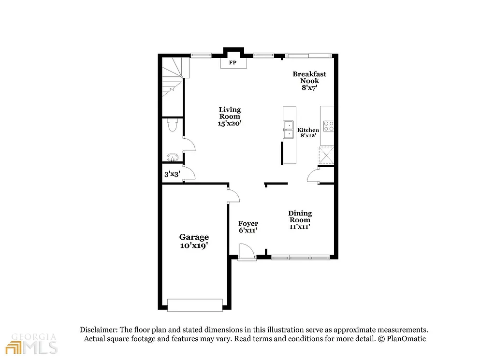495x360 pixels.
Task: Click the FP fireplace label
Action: tap(232, 63)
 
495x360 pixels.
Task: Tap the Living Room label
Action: tap(230, 116)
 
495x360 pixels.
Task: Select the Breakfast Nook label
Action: tap(309, 81)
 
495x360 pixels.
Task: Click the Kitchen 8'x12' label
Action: tap(308, 133)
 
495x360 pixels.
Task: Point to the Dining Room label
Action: tap(300, 219)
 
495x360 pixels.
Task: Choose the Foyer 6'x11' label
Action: tap(248, 227)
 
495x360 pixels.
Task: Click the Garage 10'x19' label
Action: tap(194, 241)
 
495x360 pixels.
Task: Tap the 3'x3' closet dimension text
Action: tap(172, 174)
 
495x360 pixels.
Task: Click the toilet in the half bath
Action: tap(172, 126)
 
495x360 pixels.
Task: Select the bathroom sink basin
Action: tap(172, 158)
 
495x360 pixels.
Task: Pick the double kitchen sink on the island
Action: tap(289, 130)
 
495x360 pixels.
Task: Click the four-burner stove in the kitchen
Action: tap(328, 126)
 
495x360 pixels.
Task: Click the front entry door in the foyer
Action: tap(246, 252)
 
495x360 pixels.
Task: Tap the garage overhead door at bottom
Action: tap(195, 305)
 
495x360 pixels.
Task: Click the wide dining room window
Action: tap(300, 258)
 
